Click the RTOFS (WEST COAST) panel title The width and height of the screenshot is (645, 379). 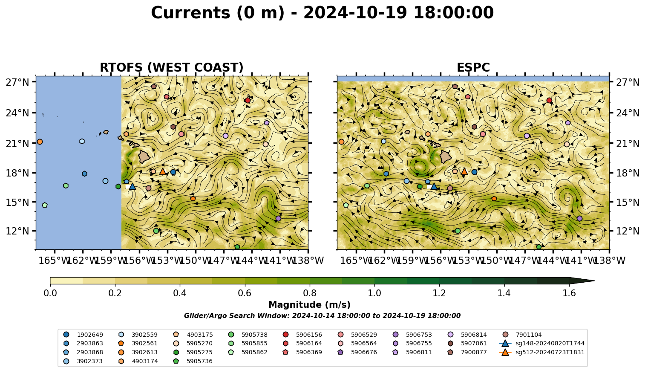(172, 67)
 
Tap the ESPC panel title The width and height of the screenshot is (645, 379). (473, 67)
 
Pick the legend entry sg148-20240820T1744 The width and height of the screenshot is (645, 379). (541, 343)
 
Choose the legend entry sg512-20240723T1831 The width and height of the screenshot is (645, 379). (541, 352)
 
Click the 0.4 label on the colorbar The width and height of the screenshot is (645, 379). (180, 293)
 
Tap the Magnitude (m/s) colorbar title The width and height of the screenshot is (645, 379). (310, 305)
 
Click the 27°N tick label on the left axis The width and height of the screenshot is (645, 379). (17, 82)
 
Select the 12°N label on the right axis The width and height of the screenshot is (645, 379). (628, 231)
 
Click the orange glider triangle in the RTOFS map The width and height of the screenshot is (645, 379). (163, 171)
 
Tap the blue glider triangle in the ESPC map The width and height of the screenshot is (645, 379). (434, 186)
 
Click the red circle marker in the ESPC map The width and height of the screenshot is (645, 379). (549, 100)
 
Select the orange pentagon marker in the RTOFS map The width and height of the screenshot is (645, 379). (193, 199)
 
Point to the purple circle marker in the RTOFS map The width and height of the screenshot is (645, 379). (278, 218)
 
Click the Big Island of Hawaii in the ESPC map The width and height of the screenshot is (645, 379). (446, 157)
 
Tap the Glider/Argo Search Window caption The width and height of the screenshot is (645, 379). (322, 316)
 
